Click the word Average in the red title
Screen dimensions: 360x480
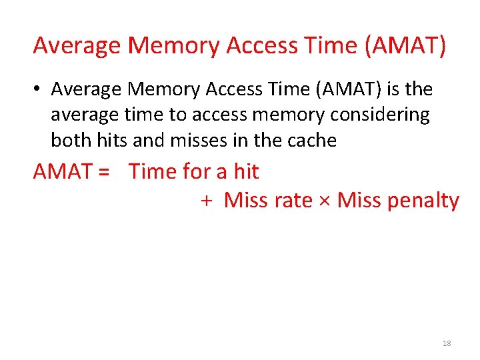[x=77, y=46]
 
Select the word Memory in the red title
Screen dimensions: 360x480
[x=175, y=46]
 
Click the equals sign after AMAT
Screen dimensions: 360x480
[x=103, y=172]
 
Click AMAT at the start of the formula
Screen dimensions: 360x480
[x=62, y=172]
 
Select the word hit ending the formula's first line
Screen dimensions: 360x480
[x=246, y=172]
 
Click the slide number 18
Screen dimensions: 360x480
[x=447, y=343]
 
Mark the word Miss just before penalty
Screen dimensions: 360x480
[x=359, y=200]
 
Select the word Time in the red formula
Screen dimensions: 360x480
[x=153, y=172]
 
